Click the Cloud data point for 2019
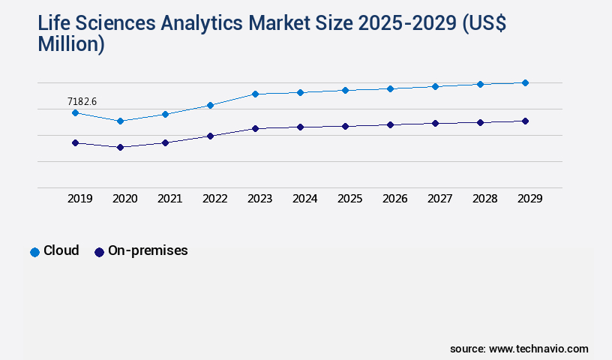coord(75,112)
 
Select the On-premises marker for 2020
coord(120,147)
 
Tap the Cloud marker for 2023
coord(255,94)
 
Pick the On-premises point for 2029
coord(525,121)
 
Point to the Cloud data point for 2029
coord(525,82)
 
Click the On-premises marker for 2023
coord(255,128)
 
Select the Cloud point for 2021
coord(165,114)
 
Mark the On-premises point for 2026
coord(390,124)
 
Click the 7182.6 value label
coord(82,101)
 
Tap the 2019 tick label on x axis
coord(80,199)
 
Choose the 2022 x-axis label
coord(215,199)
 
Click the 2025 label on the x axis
coord(350,199)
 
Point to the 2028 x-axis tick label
coord(485,199)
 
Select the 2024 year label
coord(305,199)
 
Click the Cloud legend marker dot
coord(34,252)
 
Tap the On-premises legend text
coord(148,251)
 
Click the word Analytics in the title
coord(200,23)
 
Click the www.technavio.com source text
coord(538,349)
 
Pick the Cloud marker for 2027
coord(435,86)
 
